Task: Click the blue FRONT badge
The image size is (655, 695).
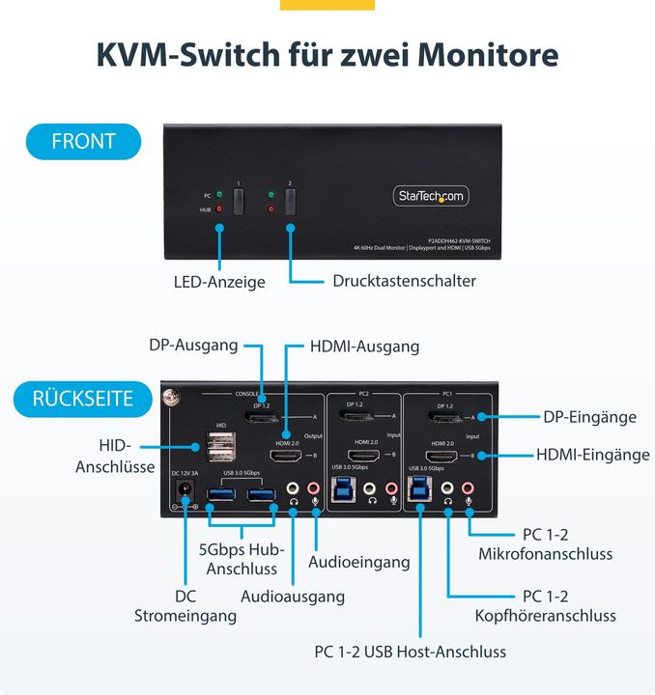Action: point(83,141)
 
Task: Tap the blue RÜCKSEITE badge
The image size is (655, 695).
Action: point(83,398)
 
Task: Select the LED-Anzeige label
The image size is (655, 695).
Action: point(219,282)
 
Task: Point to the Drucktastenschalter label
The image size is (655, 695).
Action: point(404,281)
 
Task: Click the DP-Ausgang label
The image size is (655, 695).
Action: point(193,345)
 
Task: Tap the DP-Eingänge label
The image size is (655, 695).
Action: point(589,417)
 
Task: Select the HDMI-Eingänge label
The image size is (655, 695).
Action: point(593,455)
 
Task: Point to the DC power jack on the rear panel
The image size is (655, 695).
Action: point(180,495)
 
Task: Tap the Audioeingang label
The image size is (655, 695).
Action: point(359,562)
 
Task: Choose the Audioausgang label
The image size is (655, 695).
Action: point(293,597)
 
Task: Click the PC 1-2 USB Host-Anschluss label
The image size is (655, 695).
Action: point(410,652)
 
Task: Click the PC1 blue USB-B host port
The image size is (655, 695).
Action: point(421,490)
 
